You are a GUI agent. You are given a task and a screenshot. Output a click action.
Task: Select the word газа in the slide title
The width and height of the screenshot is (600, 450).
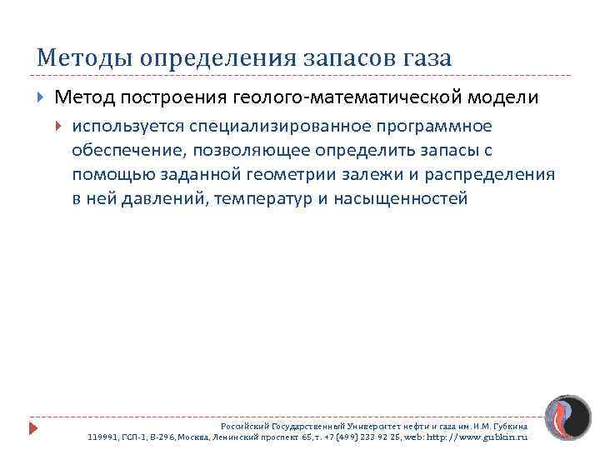coord(424,58)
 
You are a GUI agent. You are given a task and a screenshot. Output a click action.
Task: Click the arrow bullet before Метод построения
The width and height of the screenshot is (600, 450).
coord(42,97)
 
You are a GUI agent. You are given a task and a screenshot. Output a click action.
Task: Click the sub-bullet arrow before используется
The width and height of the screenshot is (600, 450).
coord(59,127)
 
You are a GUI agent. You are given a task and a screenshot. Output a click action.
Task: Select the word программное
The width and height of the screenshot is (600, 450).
coord(438,126)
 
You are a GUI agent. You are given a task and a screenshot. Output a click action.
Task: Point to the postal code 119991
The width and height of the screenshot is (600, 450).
coord(102,436)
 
